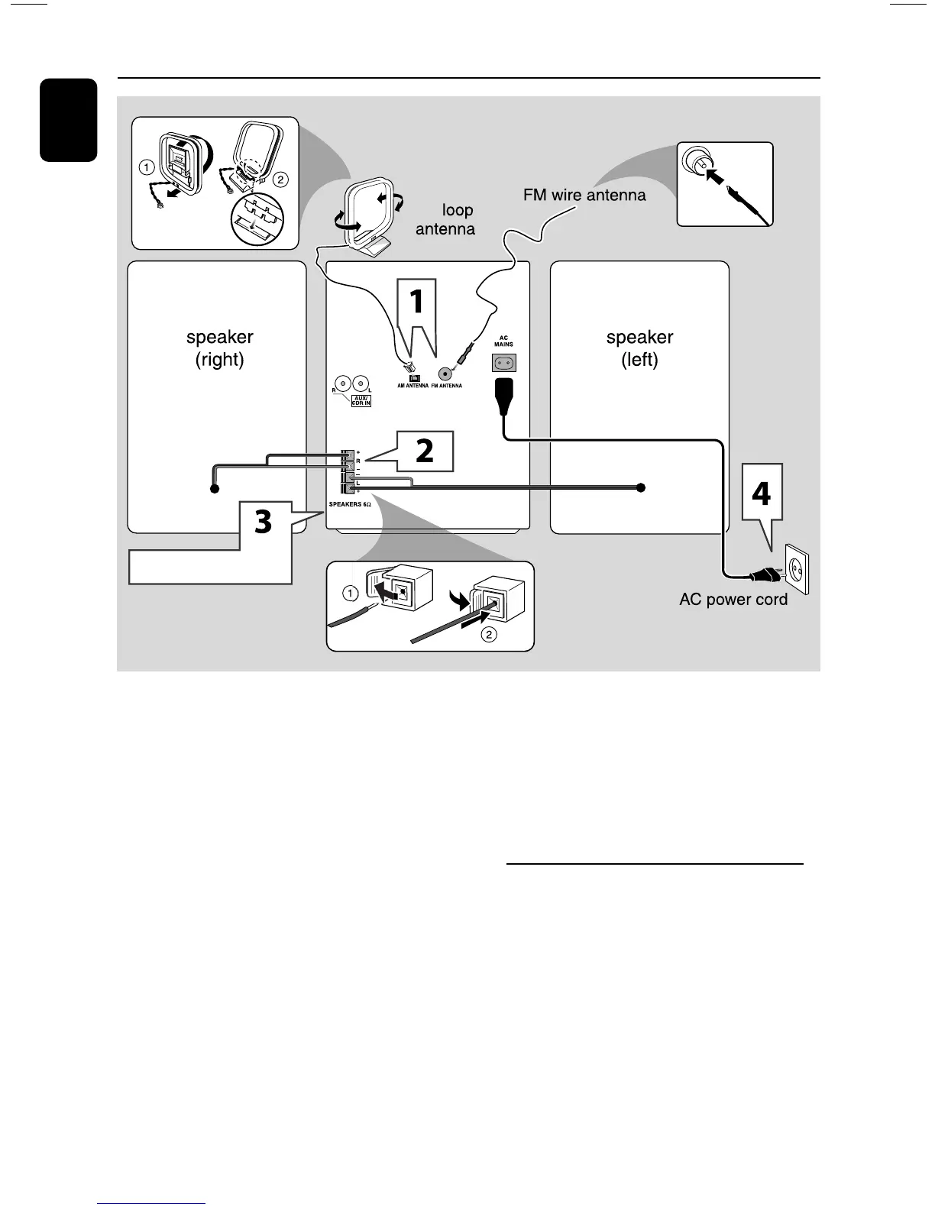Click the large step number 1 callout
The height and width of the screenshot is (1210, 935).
pos(416,302)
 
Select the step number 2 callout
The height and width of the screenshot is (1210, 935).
pos(425,451)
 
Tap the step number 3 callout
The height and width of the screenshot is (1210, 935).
pos(263,522)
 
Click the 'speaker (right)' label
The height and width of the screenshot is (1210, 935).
pos(219,348)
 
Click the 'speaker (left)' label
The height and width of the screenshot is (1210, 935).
pos(639,348)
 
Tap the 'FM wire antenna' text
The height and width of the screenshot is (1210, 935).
pos(584,195)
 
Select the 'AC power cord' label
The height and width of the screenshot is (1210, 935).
pos(733,600)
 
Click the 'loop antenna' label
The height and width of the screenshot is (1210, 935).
pos(448,220)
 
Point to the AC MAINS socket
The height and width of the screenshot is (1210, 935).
pos(504,363)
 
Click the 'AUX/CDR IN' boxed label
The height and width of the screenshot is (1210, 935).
pos(361,400)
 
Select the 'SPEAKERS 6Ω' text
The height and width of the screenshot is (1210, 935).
pos(350,505)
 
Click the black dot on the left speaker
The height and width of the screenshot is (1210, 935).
pos(642,487)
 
